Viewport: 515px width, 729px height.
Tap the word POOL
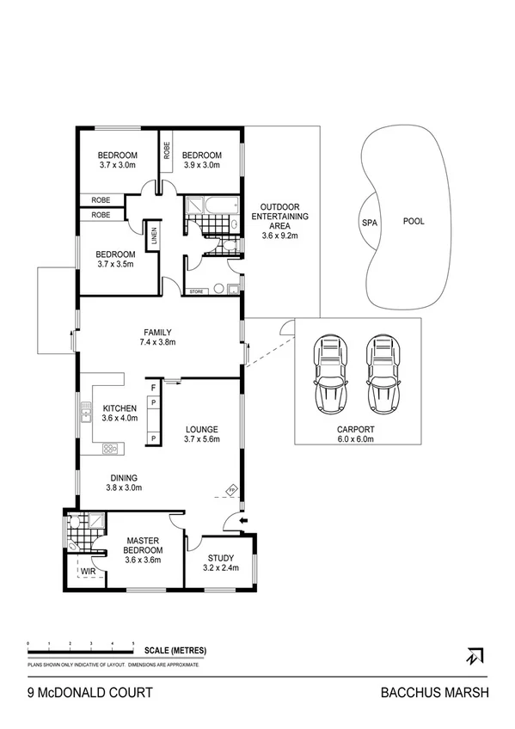click(414, 221)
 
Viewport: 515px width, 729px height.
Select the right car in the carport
click(383, 373)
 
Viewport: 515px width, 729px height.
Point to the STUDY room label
click(220, 562)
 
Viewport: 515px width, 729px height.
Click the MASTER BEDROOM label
click(143, 549)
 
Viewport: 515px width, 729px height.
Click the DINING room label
click(124, 482)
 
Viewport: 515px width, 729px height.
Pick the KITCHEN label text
click(120, 414)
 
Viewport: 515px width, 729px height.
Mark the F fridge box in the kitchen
click(153, 389)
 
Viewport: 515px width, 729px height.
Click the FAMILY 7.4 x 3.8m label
click(158, 336)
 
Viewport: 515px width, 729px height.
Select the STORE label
click(197, 291)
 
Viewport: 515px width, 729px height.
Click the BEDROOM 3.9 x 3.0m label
click(202, 160)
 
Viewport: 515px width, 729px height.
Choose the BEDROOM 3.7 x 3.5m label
click(115, 259)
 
